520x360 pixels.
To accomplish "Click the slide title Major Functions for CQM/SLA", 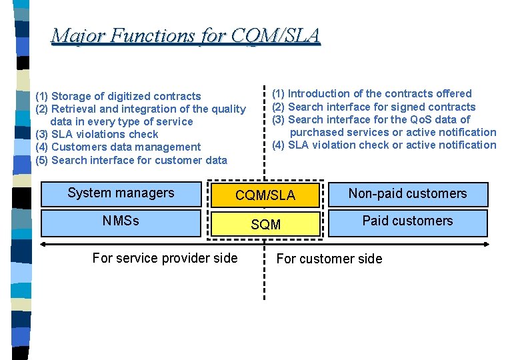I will pos(185,35).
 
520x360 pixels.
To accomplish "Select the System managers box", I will pos(121,193).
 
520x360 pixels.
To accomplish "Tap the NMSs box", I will pos(121,221).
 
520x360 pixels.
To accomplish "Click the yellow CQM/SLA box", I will pos(265,195).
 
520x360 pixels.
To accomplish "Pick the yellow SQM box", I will pos(265,225).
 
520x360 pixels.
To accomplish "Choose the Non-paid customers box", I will pos(407,194).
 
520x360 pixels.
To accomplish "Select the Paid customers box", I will pos(407,221).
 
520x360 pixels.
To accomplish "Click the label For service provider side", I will pos(165,258).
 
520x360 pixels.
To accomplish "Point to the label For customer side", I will pos(329,259).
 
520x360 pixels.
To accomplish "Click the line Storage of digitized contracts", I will pos(118,96).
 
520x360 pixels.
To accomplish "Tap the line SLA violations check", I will pos(97,134).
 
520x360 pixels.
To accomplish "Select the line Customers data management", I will pos(118,147).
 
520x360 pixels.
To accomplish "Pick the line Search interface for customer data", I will pos(131,160).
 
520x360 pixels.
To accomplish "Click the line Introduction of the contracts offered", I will pos(372,93).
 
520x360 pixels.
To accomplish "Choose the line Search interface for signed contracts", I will pos(374,107).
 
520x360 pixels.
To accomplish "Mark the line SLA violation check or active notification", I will pos(385,145).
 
